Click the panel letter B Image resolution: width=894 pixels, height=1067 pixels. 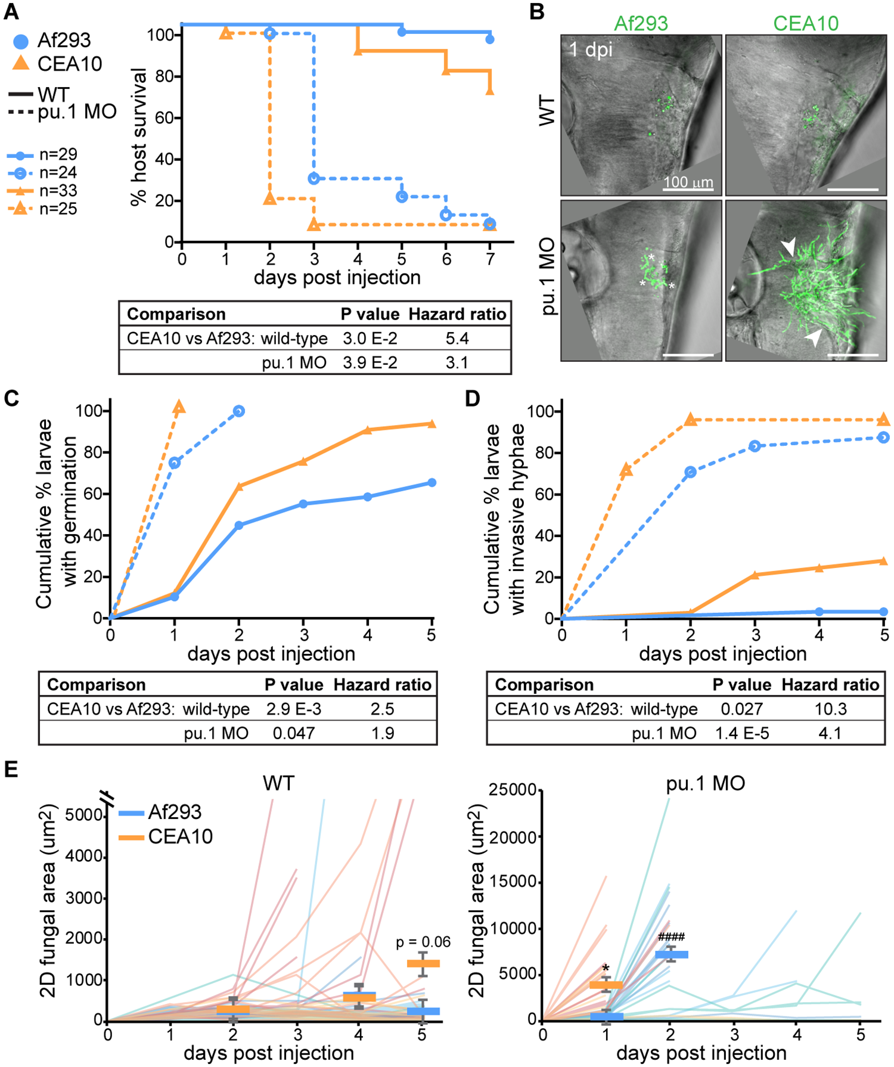536,11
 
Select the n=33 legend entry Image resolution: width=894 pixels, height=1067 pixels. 58,191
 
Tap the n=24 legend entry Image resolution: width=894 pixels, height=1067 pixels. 58,173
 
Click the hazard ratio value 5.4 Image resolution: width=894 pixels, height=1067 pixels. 457,339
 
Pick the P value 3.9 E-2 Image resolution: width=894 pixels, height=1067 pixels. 370,362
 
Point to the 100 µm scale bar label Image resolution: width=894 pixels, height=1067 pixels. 688,181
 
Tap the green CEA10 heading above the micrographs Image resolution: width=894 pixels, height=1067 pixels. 806,23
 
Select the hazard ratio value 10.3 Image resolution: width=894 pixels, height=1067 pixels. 830,709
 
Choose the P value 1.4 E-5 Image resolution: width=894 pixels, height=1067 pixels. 741,733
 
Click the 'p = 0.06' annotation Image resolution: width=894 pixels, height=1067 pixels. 423,942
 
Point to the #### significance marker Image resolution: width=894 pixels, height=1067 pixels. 671,937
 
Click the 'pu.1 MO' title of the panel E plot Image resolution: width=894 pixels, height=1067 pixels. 705,783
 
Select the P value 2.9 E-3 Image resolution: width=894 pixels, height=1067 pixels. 293,709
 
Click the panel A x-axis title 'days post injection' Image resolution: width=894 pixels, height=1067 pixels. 337,277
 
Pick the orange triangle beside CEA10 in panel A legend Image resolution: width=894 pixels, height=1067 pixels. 21,63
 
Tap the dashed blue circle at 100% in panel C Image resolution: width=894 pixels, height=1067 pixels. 239,411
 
